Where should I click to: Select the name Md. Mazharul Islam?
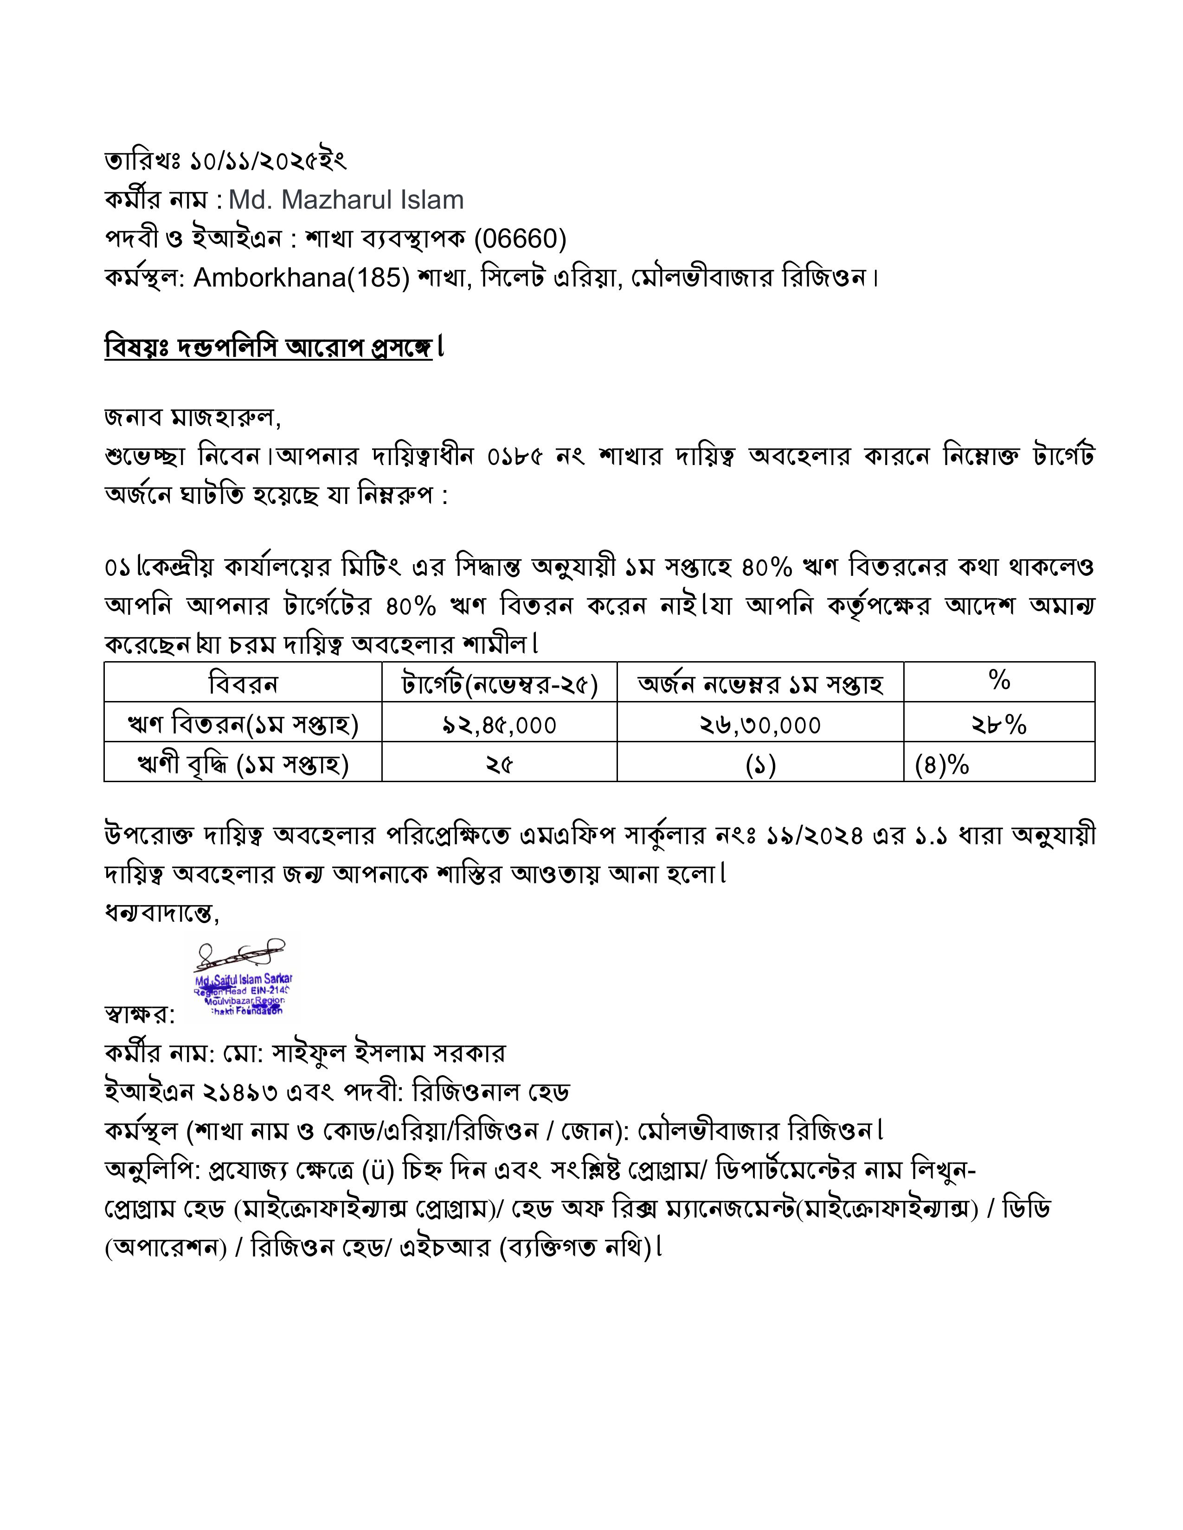pos(346,200)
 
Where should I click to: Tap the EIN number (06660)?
pos(520,239)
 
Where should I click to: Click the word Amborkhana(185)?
pos(302,278)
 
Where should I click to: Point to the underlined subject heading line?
pos(269,347)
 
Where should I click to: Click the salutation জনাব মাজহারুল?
pos(191,418)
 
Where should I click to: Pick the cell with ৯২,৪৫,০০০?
pos(499,724)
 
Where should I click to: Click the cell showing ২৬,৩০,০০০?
pos(760,724)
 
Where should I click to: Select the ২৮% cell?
pos(999,724)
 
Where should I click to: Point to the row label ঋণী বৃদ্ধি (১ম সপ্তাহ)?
pos(243,764)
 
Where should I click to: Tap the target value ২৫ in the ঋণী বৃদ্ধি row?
pos(499,764)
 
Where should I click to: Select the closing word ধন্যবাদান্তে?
pos(161,913)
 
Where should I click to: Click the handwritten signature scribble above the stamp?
pos(242,954)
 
